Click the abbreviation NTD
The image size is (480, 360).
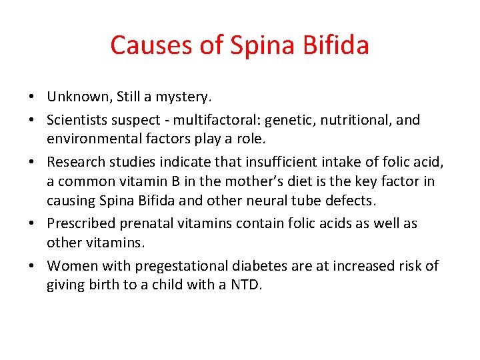coord(247,285)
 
